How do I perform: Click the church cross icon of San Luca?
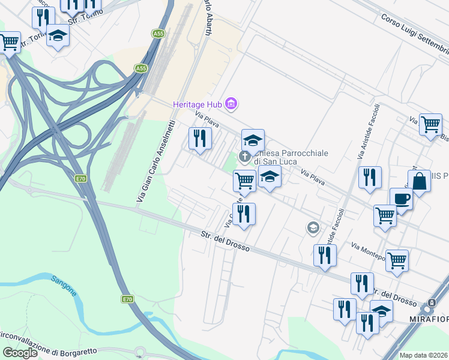click(x=244, y=157)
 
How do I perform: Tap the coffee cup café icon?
click(x=401, y=199)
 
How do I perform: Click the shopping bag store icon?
click(x=419, y=181)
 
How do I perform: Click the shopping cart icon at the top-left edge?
click(x=9, y=43)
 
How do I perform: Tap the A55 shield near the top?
click(x=158, y=34)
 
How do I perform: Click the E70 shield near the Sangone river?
click(x=127, y=299)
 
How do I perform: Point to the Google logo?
click(x=20, y=353)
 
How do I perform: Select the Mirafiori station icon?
click(x=430, y=304)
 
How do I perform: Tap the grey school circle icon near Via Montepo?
click(x=313, y=227)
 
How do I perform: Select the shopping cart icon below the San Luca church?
click(x=244, y=179)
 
